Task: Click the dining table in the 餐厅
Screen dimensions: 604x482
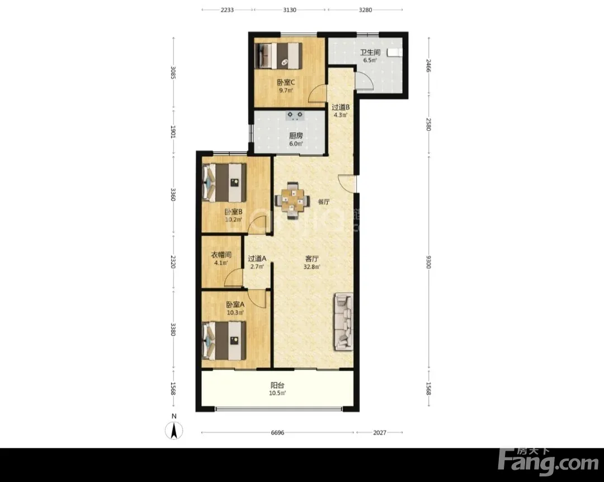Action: pos(292,201)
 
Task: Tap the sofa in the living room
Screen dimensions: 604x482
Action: pos(343,322)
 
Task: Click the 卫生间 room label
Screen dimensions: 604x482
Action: pos(370,53)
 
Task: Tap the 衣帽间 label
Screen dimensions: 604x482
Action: pos(221,255)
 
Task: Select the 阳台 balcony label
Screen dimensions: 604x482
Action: pos(277,385)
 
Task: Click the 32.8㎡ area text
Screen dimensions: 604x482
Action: pos(312,267)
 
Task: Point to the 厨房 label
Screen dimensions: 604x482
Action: pos(296,135)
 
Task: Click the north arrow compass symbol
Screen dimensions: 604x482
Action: pos(174,430)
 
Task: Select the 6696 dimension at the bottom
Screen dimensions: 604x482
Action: pos(277,432)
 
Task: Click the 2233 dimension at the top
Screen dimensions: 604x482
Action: pos(227,10)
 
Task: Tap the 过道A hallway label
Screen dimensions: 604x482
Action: pos(257,259)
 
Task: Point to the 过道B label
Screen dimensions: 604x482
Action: pos(341,107)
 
